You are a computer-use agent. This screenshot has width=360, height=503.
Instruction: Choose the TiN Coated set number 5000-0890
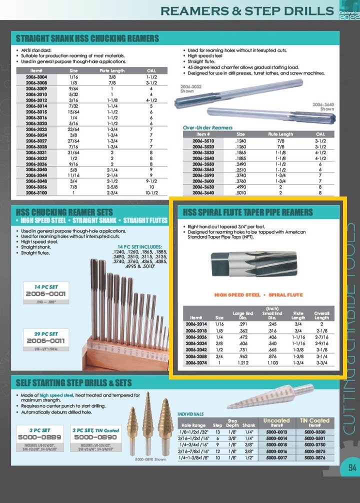pos(94,436)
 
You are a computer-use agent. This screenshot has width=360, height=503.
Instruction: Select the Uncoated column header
pos(276,420)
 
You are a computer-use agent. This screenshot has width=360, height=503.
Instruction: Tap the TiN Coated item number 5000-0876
pos(315,457)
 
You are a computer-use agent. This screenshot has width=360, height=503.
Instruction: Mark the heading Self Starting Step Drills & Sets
pos(73,383)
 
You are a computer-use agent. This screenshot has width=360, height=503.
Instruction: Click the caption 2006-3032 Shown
pos(190,89)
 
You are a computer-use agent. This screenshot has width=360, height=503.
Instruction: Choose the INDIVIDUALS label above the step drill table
pos(190,414)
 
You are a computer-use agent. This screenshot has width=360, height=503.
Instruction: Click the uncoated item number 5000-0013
pos(276,431)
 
